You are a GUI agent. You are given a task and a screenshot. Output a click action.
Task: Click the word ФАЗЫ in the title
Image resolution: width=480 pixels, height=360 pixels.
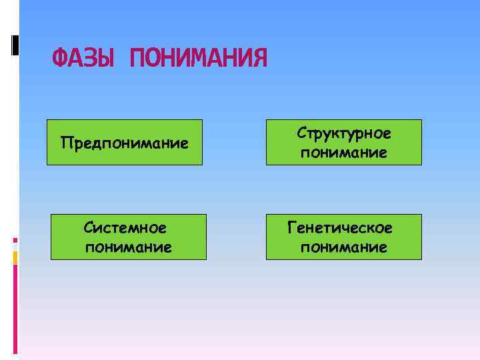(x=83, y=59)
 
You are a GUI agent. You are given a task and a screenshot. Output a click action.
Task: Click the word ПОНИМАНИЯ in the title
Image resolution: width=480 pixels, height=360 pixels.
(x=199, y=59)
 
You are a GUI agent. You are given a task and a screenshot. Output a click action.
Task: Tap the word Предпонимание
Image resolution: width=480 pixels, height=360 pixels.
(x=124, y=142)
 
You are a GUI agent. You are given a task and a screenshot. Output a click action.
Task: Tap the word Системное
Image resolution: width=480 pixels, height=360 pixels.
(x=125, y=228)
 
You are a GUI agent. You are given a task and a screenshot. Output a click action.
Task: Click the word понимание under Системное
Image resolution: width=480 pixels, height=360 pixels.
(x=129, y=247)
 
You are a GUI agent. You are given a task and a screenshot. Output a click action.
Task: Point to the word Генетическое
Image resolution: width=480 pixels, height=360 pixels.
(x=340, y=228)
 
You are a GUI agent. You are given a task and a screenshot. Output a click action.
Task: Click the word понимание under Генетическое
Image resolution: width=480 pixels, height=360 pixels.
(x=344, y=247)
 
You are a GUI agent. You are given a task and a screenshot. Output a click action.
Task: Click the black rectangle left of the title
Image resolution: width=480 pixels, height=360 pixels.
(x=15, y=45)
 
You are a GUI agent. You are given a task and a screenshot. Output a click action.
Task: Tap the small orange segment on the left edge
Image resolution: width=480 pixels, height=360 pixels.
(x=15, y=257)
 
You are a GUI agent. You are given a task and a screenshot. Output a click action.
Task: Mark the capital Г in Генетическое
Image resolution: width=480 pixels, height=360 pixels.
(x=292, y=228)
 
